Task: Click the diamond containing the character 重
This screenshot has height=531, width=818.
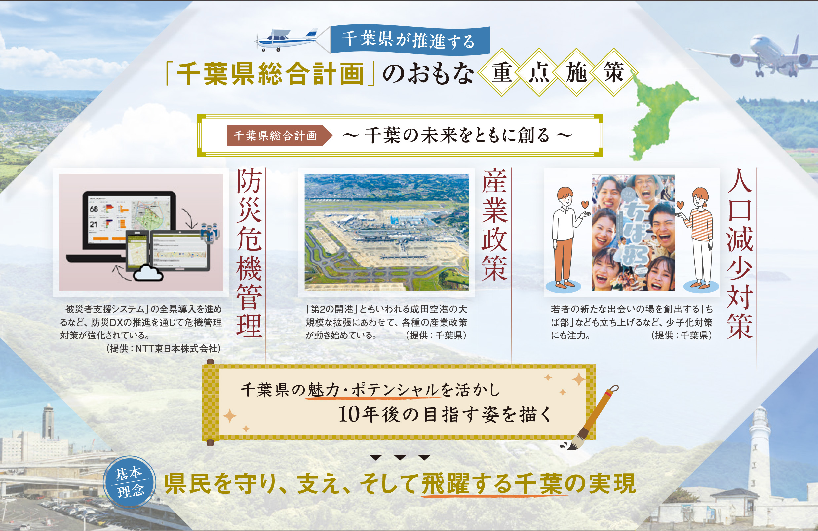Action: point(501,72)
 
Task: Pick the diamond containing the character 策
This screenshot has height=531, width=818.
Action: point(613,72)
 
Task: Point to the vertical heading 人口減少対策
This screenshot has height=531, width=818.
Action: point(740,253)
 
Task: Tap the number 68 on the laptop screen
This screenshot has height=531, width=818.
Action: point(94,209)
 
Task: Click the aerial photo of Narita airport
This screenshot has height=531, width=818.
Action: point(386,232)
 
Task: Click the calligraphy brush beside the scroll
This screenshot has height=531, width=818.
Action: point(589,417)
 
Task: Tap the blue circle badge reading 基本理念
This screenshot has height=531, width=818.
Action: point(130,482)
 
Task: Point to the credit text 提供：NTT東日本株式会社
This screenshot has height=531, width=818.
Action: point(164,349)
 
